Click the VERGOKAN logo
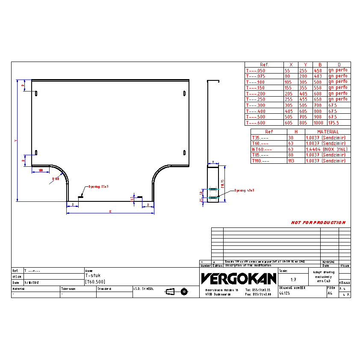click(x=239, y=279)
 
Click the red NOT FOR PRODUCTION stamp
click(x=318, y=223)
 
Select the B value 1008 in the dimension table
click(x=318, y=123)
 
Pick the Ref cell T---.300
click(x=256, y=105)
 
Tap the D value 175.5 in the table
click(x=333, y=123)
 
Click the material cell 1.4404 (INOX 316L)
click(x=327, y=149)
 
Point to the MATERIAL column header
click(x=328, y=132)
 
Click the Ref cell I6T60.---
click(x=262, y=149)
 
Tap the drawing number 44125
click(x=285, y=294)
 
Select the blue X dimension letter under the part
click(x=110, y=211)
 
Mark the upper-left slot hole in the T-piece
click(x=36, y=93)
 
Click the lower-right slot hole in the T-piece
click(x=184, y=153)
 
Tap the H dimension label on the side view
click(x=212, y=162)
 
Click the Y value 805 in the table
click(x=303, y=123)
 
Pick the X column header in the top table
click(x=291, y=65)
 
